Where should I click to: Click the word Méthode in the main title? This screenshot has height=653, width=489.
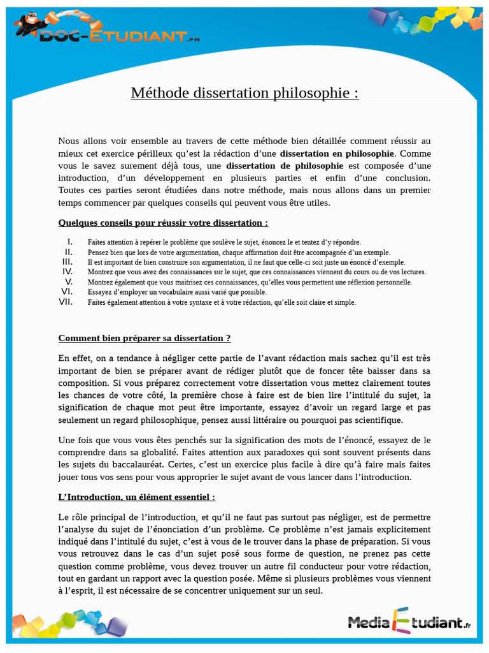coord(160,93)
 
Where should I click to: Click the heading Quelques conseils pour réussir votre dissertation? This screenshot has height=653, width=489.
coord(163,223)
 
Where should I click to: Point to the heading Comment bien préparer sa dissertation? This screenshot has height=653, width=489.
coord(145,338)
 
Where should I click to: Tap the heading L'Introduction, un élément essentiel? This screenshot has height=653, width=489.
coord(137,497)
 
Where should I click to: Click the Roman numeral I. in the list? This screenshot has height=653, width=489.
coord(69,242)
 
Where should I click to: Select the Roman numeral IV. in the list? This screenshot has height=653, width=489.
coord(67,272)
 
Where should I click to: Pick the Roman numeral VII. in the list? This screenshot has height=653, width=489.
coord(66,302)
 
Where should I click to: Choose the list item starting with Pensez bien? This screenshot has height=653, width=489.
coord(239,252)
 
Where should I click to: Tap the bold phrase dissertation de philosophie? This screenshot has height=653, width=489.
coord(285,166)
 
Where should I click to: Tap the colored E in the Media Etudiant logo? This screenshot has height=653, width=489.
coord(402,620)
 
